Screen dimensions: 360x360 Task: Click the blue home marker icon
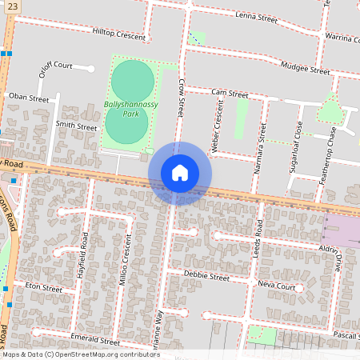[180, 173]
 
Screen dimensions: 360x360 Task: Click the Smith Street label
[76, 126]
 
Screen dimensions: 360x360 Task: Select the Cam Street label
[230, 94]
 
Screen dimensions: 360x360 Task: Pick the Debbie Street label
[206, 277]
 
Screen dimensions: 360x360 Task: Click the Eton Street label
[43, 286]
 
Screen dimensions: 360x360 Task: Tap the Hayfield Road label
[83, 251]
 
